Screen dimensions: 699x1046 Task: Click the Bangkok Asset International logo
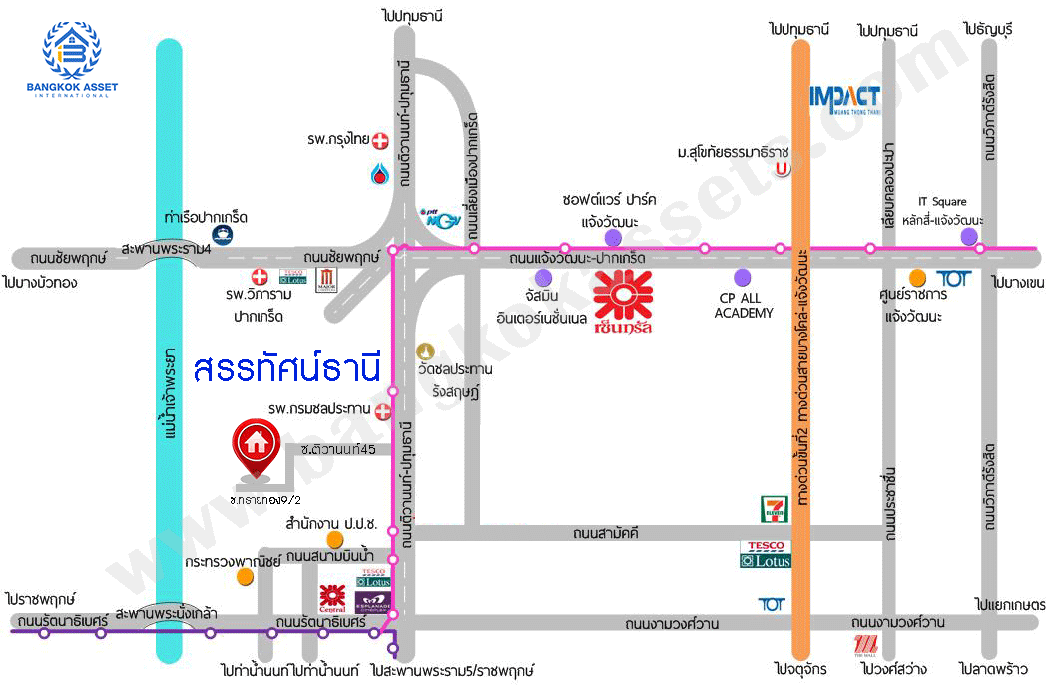pyautogui.click(x=72, y=60)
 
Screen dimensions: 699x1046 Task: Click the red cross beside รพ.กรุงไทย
pyautogui.click(x=380, y=141)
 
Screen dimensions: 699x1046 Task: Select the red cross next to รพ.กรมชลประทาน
pyautogui.click(x=383, y=409)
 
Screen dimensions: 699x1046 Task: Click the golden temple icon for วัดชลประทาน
pyautogui.click(x=426, y=351)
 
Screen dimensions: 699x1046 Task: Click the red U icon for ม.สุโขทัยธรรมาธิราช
pyautogui.click(x=784, y=169)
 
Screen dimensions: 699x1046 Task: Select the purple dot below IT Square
pyautogui.click(x=968, y=236)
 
